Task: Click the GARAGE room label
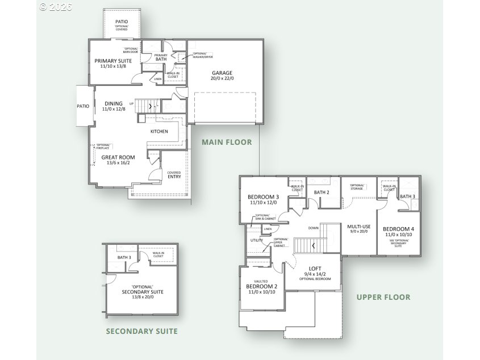223,73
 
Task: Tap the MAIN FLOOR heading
227,142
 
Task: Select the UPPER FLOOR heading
379,297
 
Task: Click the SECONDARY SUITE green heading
142,331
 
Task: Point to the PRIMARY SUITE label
113,61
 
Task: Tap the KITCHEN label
159,132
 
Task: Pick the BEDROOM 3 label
263,197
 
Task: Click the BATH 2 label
322,192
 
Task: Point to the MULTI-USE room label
359,226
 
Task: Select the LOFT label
315,268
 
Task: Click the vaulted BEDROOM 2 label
262,287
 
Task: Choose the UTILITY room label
257,241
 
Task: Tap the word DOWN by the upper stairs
313,228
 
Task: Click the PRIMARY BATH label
161,57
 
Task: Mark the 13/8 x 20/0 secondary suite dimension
143,297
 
